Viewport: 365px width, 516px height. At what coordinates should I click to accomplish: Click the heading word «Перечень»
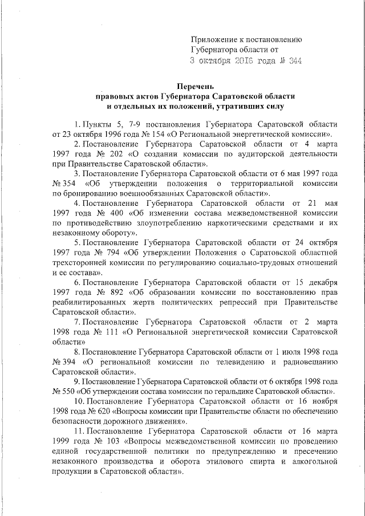pyautogui.click(x=194, y=86)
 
